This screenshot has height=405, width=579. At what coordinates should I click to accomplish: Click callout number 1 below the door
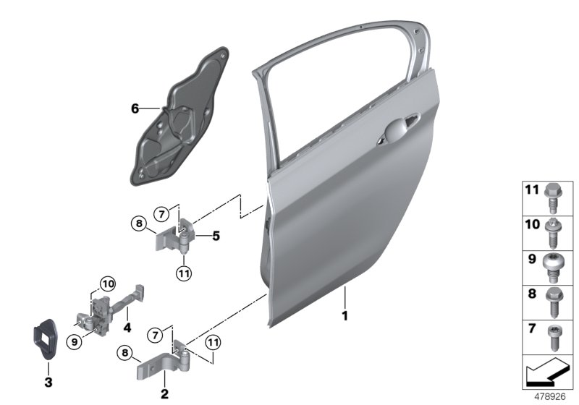click(345, 316)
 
